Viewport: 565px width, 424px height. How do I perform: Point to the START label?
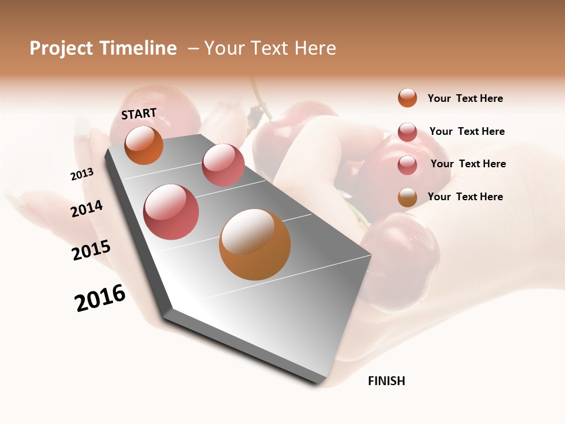[x=139, y=114]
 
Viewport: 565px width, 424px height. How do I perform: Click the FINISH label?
[x=387, y=381]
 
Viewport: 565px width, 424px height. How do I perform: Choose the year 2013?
[x=82, y=174]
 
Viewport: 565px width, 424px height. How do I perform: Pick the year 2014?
[x=87, y=208]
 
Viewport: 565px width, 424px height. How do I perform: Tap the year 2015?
[x=91, y=250]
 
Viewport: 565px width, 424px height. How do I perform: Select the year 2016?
[x=100, y=298]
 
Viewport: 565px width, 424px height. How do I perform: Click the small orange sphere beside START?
[x=144, y=145]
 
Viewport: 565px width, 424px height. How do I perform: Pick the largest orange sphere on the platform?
[x=254, y=244]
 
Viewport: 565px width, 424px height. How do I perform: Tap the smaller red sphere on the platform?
[x=223, y=165]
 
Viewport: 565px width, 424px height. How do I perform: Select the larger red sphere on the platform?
[x=171, y=212]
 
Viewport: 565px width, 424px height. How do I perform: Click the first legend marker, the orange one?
[x=407, y=98]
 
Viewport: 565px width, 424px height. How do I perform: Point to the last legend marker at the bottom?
[x=407, y=197]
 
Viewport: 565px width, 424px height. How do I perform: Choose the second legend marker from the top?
[x=407, y=132]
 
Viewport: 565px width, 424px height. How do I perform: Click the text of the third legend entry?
[x=468, y=164]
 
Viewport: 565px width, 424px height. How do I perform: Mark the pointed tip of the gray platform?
[x=317, y=383]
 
